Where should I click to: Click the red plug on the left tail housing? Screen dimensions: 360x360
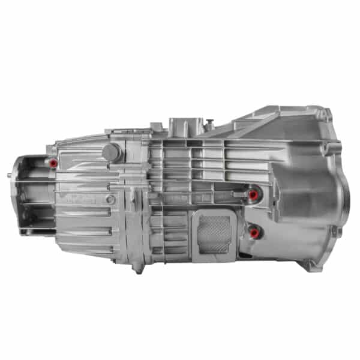[x=54, y=163]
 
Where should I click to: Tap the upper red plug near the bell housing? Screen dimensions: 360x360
[x=254, y=194]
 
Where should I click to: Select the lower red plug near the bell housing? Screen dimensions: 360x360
[x=254, y=232]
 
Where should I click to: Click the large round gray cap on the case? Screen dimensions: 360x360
[x=111, y=152]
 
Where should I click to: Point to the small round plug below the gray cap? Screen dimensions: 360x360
[x=110, y=199]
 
